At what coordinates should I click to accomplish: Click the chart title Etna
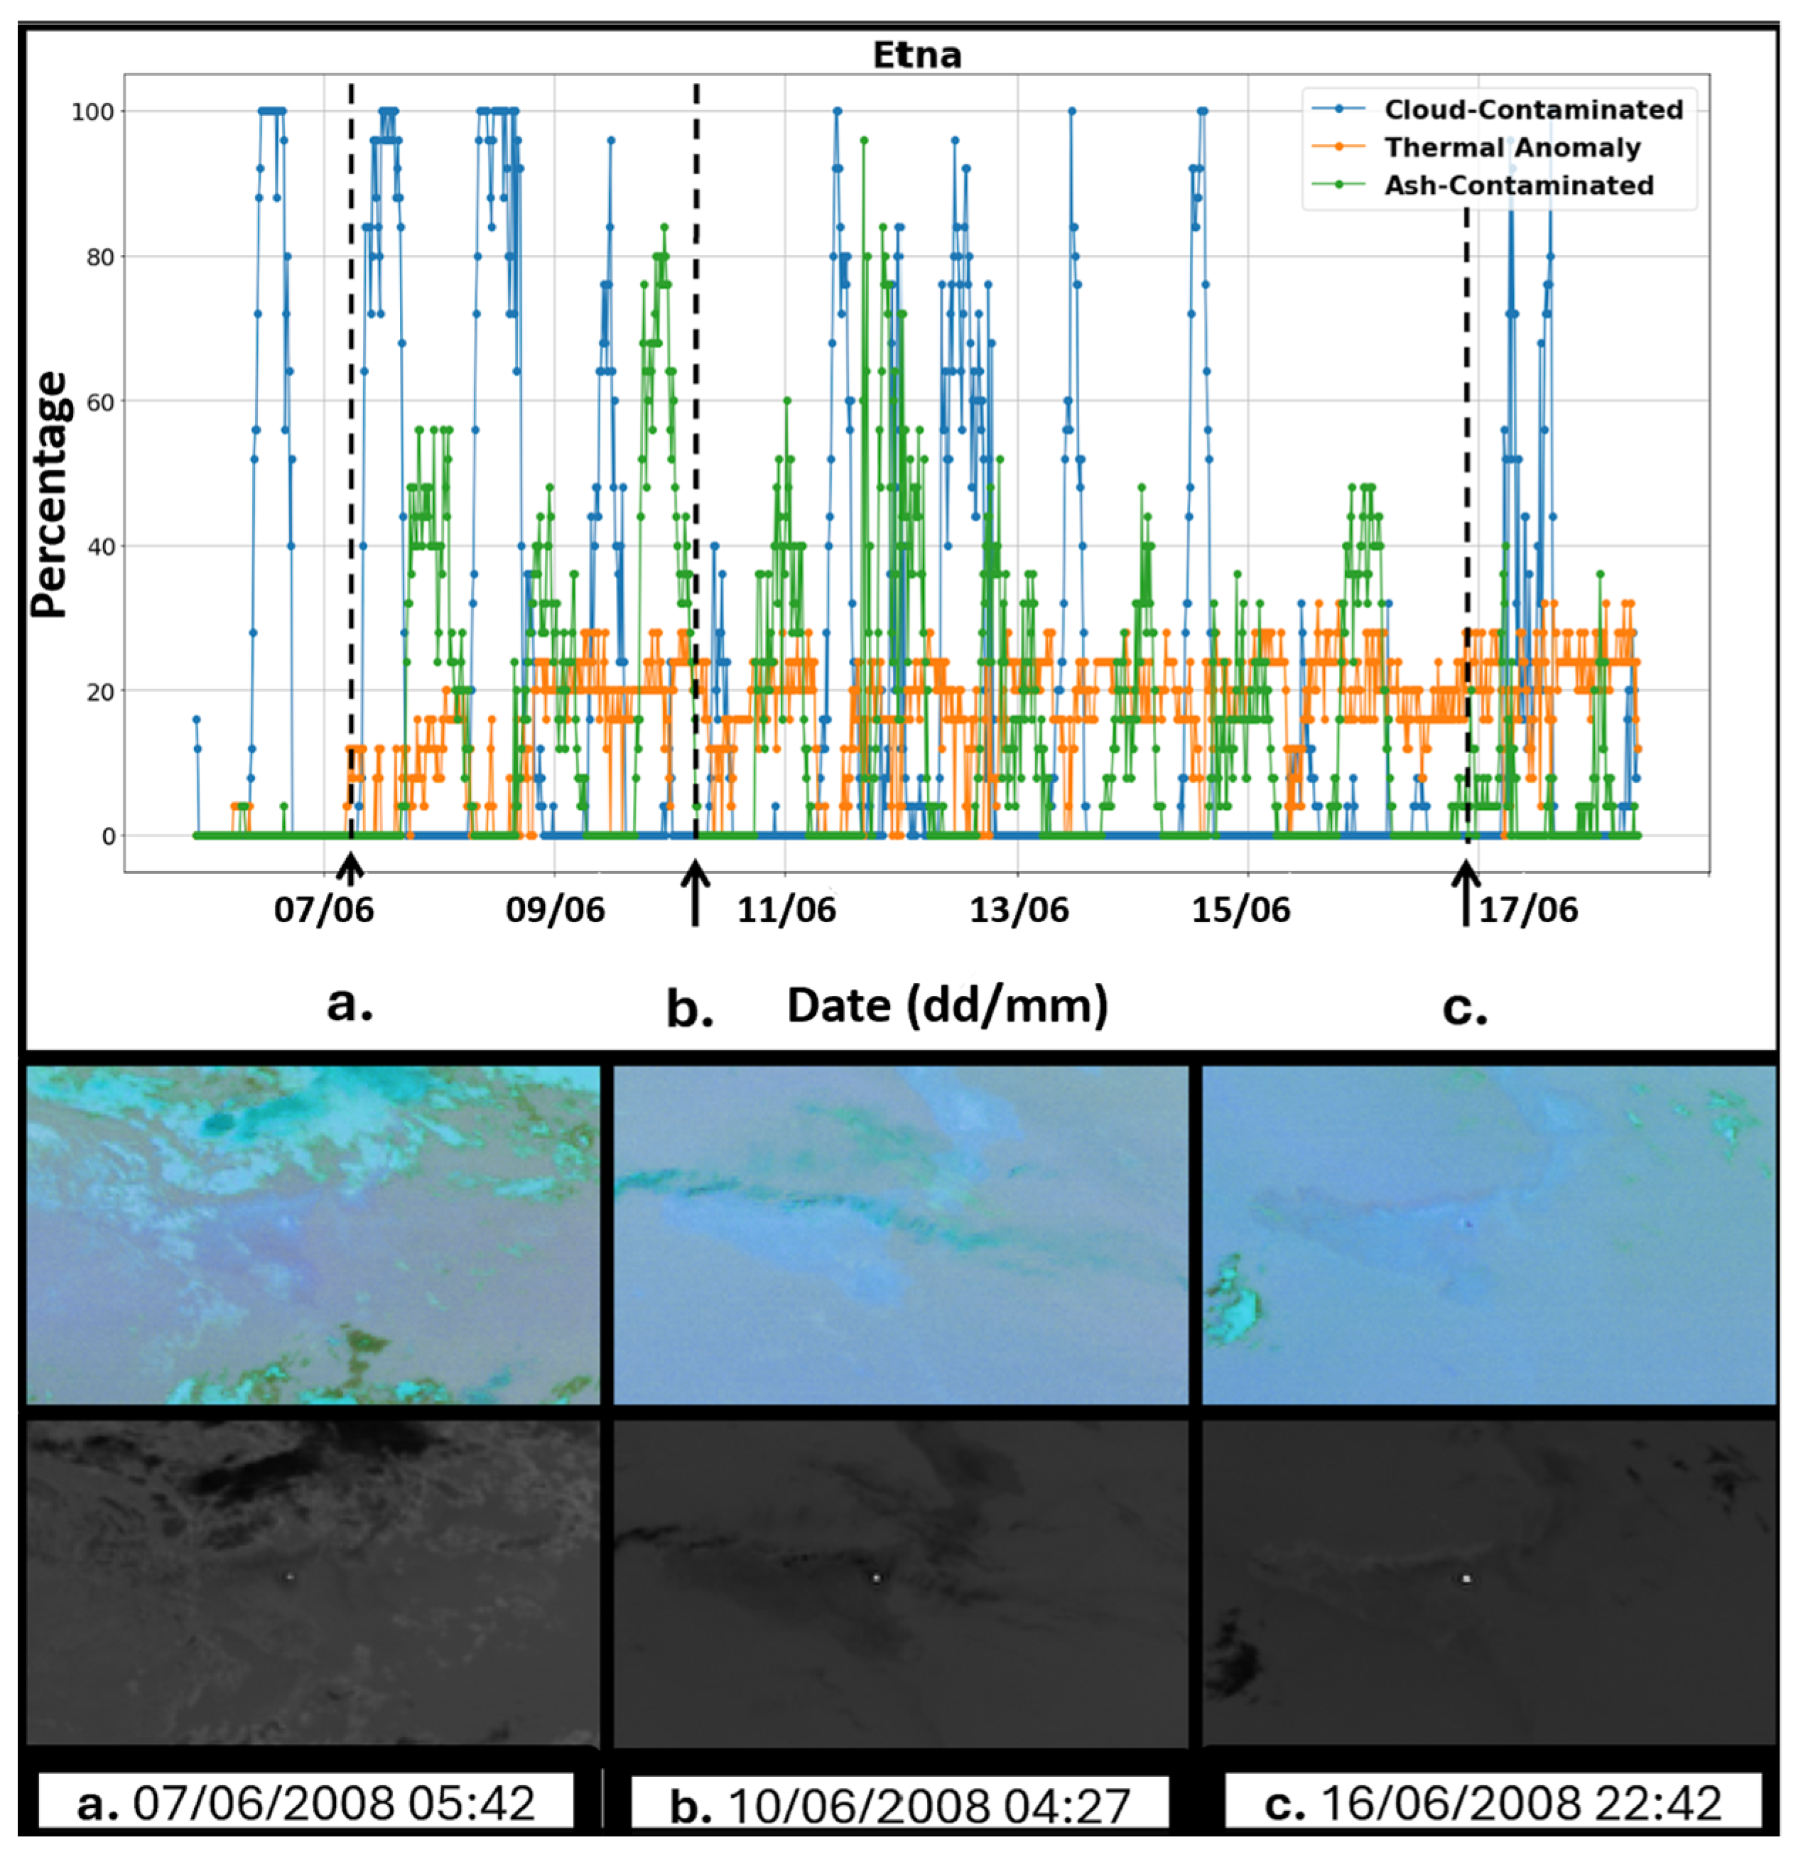[x=916, y=55]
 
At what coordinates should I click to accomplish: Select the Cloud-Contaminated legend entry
[x=1532, y=110]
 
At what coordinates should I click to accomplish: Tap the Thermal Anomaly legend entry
[x=1512, y=148]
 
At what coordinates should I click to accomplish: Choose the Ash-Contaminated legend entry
[x=1518, y=185]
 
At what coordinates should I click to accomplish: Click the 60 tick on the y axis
[x=99, y=401]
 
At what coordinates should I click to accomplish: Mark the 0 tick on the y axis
[x=109, y=837]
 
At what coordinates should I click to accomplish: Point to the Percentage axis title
[x=49, y=494]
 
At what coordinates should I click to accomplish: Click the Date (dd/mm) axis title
[x=947, y=1005]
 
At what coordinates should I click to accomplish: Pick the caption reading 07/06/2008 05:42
[x=306, y=1803]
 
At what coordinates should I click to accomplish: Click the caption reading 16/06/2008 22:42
[x=1493, y=1803]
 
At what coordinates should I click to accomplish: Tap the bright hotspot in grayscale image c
[x=1466, y=1579]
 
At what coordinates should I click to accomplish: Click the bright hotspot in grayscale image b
[x=876, y=1578]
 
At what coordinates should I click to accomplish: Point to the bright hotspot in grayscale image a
[x=290, y=1576]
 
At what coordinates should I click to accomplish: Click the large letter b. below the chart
[x=690, y=1010]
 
